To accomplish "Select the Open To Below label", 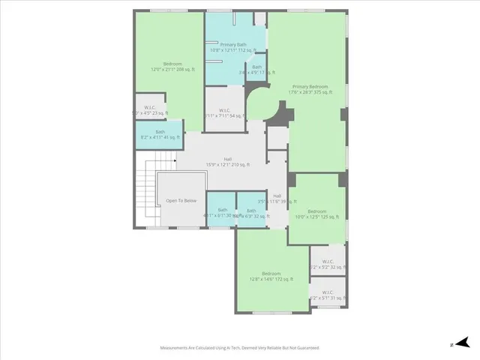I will (181, 200).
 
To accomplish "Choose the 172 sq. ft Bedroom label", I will (271, 276).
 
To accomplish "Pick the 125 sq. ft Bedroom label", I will (316, 214).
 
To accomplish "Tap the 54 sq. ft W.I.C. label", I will (224, 113).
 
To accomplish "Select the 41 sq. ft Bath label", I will (160, 134).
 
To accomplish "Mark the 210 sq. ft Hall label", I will (227, 161).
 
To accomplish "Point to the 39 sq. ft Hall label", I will (277, 199).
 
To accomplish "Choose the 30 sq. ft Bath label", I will (222, 213).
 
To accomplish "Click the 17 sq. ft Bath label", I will (257, 70).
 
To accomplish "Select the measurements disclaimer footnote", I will (239, 348).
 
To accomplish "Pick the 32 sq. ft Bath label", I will (250, 213).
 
